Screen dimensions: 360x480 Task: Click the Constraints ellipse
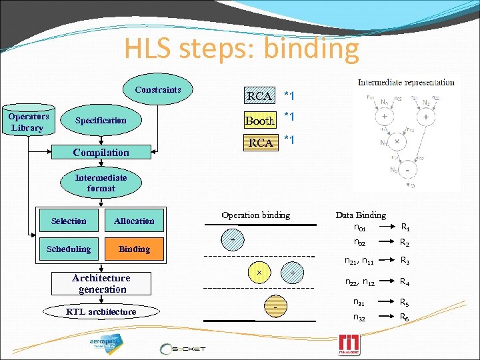click(158, 89)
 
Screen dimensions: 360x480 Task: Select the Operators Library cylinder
click(28, 121)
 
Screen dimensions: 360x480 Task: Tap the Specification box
click(101, 121)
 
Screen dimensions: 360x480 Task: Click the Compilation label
click(101, 153)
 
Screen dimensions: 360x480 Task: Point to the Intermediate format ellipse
click(101, 183)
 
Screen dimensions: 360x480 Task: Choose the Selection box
click(69, 221)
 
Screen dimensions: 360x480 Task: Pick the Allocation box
click(134, 221)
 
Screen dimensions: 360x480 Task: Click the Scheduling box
click(69, 249)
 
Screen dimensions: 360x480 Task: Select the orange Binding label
click(134, 249)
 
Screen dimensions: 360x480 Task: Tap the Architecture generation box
click(101, 283)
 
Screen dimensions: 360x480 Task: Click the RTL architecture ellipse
click(101, 311)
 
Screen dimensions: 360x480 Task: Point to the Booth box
click(259, 121)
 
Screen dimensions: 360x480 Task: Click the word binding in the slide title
click(311, 49)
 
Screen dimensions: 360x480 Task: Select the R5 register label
click(404, 303)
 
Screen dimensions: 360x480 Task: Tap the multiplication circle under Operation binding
click(259, 273)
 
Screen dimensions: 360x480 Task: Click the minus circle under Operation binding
click(275, 306)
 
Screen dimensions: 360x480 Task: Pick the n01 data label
click(361, 229)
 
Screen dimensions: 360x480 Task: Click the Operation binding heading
click(255, 215)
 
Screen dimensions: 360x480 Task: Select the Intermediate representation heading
click(406, 83)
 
